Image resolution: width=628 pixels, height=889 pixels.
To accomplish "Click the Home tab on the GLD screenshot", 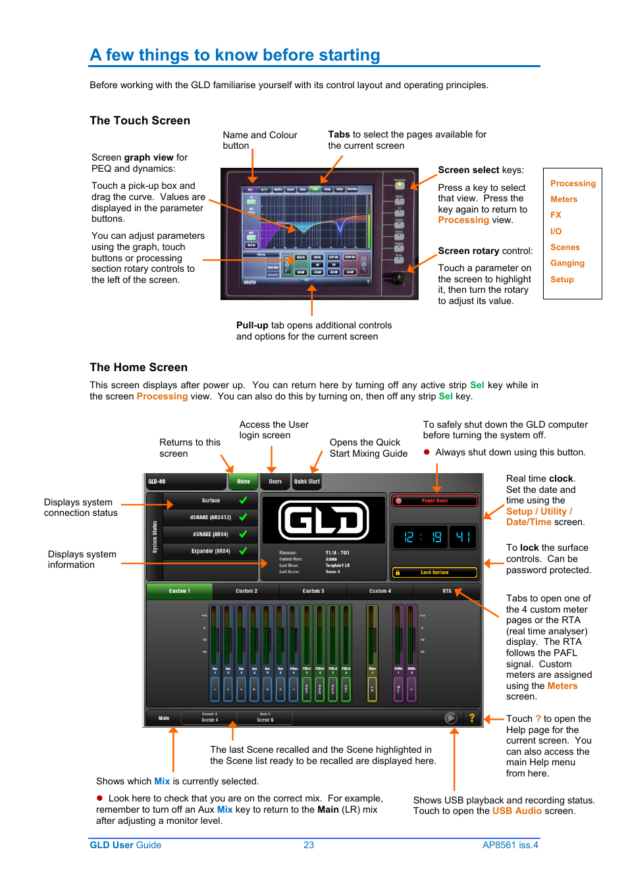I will pos(244,482).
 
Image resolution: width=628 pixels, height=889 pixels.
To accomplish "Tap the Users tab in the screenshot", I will pos(275,482).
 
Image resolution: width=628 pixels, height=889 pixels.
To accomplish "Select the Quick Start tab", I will pos(307,482).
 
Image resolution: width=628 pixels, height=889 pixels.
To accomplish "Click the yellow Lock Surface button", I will pos(434,572).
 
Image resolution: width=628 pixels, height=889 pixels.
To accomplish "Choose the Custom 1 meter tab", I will pos(179,591).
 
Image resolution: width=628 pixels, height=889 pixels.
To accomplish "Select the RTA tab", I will pos(447,591).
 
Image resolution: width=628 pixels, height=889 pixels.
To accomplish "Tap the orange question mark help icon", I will pos(472,718).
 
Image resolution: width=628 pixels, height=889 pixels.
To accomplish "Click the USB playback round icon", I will pos(451,718).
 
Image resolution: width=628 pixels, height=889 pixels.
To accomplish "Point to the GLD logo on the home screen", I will pos(323,520).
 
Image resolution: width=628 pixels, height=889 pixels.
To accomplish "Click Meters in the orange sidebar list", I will pos(563,199).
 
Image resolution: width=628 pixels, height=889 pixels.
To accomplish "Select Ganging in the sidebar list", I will pos(567,263).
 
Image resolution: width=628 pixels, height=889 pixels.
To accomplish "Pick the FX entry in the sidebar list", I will pos(556,215).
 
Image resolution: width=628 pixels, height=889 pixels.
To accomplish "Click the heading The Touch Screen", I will pos(140,120).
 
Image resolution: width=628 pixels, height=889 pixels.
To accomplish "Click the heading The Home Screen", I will pos(138,367).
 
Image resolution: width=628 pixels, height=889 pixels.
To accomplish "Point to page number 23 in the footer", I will pos(309,845).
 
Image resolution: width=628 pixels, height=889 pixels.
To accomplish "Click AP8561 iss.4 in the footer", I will pos(510,845).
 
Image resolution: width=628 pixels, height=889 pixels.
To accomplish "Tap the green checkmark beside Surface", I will pos(244,500).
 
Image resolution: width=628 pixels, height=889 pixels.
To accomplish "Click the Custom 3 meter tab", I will pos(313,591).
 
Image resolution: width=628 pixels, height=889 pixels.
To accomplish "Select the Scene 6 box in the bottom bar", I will pos(265,719).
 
